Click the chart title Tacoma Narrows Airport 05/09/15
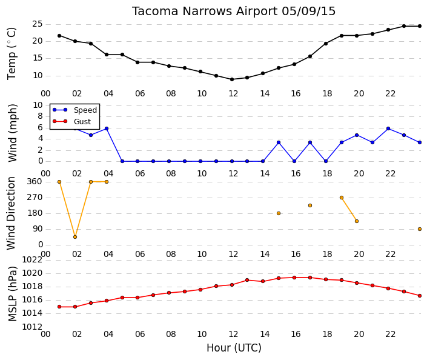tap(234, 12)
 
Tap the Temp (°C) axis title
tap(12, 54)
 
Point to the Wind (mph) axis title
tap(12, 133)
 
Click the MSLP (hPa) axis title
tap(12, 294)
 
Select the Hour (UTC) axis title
tap(234, 348)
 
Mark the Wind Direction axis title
tap(11, 213)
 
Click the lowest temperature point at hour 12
tap(232, 79)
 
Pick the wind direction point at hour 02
tap(75, 237)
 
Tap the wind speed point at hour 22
tap(388, 128)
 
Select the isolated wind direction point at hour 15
tap(279, 213)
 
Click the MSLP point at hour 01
tap(59, 307)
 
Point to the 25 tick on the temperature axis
tap(38, 24)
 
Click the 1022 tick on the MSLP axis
tap(32, 260)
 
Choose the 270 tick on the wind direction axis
tap(35, 198)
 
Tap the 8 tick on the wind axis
tap(41, 116)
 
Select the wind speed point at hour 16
tap(294, 161)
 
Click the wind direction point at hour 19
tap(342, 198)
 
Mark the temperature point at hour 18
tap(326, 43)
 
